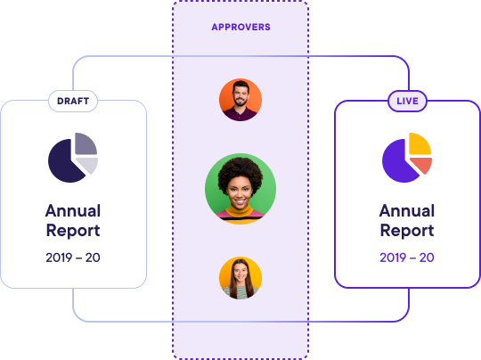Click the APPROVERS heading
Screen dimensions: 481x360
[x=240, y=27]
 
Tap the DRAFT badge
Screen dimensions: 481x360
[x=73, y=101]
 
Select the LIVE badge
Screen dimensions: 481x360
[x=407, y=101]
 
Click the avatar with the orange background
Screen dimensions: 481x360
[x=240, y=100]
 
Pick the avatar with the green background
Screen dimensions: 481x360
[x=240, y=189]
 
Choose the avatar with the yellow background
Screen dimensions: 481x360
[x=240, y=278]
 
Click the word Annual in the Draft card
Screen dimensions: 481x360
[x=73, y=211]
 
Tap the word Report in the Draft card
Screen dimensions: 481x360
[x=73, y=231]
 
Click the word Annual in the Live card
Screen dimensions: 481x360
[x=407, y=211]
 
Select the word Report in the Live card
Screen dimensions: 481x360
[x=407, y=231]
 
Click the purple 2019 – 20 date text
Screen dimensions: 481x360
[x=407, y=258]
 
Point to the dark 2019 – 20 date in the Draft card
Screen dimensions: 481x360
[x=73, y=258]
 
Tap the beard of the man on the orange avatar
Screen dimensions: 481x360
[x=240, y=102]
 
